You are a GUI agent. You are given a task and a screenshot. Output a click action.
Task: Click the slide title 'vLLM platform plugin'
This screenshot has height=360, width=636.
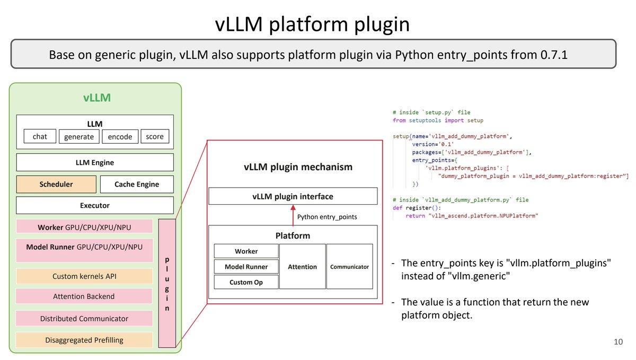312,25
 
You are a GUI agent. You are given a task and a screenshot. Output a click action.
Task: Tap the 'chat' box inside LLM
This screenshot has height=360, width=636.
40,137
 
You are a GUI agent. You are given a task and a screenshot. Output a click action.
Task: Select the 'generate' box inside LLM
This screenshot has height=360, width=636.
78,137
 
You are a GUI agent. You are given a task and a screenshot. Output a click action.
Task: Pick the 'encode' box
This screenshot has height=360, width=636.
120,137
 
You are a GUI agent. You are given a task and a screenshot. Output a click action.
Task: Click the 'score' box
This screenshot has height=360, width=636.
155,137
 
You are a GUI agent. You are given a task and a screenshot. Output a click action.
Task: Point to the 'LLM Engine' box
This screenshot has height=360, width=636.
95,162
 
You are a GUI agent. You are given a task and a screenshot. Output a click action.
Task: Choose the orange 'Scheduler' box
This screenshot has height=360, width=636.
56,185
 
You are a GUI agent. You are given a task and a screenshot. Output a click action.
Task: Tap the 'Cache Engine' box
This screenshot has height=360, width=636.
137,185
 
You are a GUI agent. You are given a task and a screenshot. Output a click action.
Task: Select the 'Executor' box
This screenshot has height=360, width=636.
95,205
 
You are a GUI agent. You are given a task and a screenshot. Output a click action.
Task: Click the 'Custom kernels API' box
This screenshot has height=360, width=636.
84,276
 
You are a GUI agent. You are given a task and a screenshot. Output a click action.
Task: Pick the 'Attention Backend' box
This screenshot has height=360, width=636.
84,296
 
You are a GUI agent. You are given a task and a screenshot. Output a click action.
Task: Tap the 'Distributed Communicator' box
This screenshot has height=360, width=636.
84,319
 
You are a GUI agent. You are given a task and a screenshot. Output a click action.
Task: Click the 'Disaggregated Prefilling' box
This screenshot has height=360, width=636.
84,340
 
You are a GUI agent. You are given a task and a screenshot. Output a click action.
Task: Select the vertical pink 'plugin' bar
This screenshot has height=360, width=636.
167,283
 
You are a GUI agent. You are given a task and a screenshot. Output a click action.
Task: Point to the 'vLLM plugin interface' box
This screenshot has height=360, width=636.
293,197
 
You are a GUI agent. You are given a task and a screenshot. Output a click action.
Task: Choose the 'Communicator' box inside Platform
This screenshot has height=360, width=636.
349,267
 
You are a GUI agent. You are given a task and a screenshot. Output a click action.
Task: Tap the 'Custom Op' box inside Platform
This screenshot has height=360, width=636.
246,282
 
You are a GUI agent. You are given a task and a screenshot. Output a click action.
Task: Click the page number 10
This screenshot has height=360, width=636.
618,342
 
